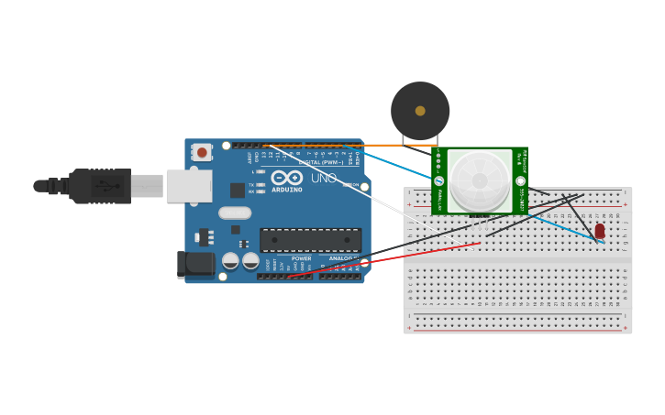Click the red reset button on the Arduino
202,152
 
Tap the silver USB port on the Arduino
188,186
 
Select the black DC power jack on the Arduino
195,265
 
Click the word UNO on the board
323,178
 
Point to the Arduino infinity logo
286,178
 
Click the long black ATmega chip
310,240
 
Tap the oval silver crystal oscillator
235,213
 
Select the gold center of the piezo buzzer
420,111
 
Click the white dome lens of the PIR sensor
480,180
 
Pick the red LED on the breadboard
600,231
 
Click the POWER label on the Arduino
301,258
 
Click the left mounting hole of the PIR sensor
438,181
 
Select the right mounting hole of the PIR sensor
521,181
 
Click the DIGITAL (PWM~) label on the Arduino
321,162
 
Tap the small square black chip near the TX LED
238,190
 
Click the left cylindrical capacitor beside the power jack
230,261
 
